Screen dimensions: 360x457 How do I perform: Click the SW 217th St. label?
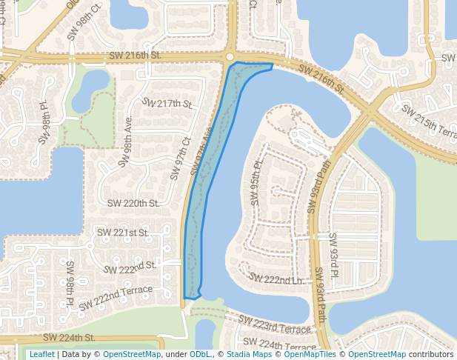[x=167, y=103]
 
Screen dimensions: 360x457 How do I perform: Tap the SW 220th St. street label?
[x=133, y=203]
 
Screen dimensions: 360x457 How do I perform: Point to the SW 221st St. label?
[x=123, y=233]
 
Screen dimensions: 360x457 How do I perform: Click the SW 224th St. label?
[x=69, y=337]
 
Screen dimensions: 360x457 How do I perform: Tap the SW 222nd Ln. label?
[x=276, y=278]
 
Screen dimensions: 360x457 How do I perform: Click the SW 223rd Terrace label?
[x=275, y=324]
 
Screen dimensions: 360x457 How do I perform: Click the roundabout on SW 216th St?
[x=230, y=57]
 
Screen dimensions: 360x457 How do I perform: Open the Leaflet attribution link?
[x=41, y=354]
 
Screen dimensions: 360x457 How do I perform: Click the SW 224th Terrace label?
[x=279, y=345]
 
